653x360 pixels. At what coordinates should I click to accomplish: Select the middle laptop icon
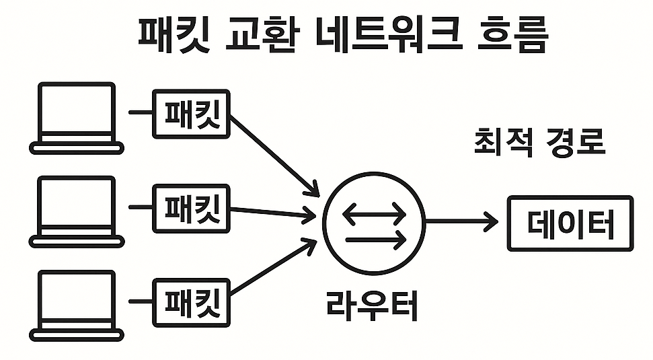[76, 211]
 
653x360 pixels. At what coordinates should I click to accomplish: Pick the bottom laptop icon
[76, 304]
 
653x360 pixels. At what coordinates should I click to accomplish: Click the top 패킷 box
[191, 114]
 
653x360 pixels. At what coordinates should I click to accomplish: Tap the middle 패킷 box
[191, 207]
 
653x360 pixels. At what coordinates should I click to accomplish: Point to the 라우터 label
[372, 305]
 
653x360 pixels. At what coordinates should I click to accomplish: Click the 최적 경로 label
[539, 143]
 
